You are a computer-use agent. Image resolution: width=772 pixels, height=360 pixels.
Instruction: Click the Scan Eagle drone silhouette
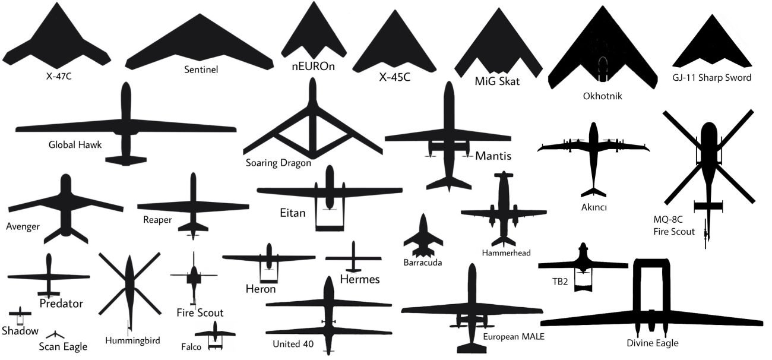pos(55,335)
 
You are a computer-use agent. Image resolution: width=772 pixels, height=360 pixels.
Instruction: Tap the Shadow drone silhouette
pos(20,315)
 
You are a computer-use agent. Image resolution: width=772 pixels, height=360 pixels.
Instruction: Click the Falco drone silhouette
pos(215,336)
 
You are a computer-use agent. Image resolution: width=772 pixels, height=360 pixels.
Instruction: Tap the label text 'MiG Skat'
pos(497,81)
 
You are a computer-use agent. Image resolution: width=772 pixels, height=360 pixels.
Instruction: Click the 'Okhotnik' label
pos(602,96)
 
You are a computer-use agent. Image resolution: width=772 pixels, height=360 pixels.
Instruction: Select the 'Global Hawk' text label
pos(75,144)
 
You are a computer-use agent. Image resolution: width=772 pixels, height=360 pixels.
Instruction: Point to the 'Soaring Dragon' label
pos(278,163)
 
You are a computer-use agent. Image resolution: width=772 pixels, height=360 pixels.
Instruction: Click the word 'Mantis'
pos(493,156)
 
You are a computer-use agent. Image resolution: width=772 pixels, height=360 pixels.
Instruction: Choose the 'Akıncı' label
pos(594,207)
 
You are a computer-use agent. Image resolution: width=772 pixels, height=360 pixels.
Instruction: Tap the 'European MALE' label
pos(514,337)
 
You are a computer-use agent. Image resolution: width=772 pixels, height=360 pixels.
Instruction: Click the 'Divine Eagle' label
pos(653,343)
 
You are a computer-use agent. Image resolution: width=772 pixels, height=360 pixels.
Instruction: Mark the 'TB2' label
pos(560,282)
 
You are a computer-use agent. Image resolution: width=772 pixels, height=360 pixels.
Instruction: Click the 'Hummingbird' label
pos(132,340)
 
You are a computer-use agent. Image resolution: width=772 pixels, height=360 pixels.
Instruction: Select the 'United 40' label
pos(293,344)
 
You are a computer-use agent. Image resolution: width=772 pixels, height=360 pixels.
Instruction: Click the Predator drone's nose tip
pos(49,254)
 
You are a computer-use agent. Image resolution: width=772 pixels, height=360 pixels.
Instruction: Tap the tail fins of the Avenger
pos(66,235)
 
